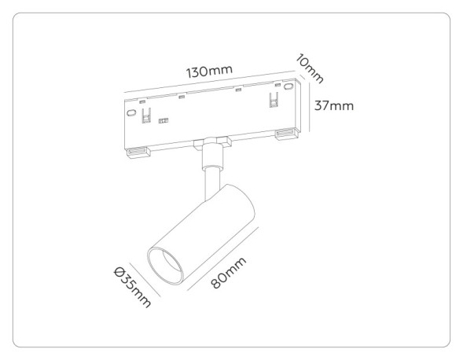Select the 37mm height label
point(333,105)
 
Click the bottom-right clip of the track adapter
point(286,135)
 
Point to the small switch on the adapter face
point(164,121)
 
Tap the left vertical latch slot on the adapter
point(146,116)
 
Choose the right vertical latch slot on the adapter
point(274,101)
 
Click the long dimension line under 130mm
point(208,83)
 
